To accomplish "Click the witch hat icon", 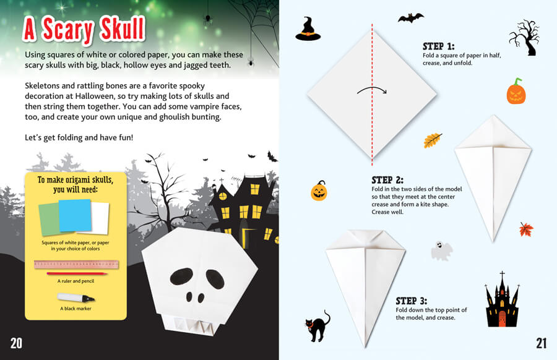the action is [308, 29].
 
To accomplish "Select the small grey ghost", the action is [441, 251].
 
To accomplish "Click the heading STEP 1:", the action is [438, 46].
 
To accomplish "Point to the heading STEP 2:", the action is [387, 180].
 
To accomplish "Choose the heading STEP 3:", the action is [412, 301].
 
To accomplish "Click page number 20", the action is [16, 343].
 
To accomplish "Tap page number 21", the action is [541, 343].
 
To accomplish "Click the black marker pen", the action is [76, 297].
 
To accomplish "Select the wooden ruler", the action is [76, 265].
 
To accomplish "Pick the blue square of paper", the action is [75, 215].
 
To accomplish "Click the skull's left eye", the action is [181, 277].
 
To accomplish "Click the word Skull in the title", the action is [123, 29].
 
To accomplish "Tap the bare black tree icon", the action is [524, 38].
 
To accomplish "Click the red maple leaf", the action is [526, 229].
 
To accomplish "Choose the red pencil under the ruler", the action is [76, 274].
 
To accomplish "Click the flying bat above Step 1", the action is [411, 18].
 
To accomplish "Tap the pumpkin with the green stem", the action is [516, 92].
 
